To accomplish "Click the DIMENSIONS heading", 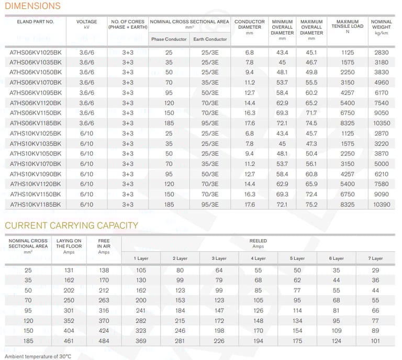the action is [x=32, y=6].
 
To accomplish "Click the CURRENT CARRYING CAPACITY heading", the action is [x=72, y=226].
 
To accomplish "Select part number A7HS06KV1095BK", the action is [x=36, y=93].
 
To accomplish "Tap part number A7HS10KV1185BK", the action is [x=36, y=205].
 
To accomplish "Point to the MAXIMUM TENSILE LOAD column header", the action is [x=348, y=26].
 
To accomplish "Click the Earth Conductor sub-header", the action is [x=210, y=39].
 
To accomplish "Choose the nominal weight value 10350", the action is [x=382, y=123].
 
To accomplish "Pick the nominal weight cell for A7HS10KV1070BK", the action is [x=382, y=164].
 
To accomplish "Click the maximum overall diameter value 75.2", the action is [x=311, y=205].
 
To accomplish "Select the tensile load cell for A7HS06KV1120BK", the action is [x=348, y=103].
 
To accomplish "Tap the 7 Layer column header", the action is [x=375, y=258].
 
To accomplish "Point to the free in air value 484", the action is [x=104, y=341].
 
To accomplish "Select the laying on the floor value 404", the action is [x=69, y=331].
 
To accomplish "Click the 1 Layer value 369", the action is [x=141, y=341].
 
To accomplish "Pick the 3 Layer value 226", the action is [x=219, y=341].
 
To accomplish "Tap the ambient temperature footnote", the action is [x=38, y=356].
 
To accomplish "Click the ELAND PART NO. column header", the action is [x=36, y=22].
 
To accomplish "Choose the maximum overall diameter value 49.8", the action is [x=311, y=72].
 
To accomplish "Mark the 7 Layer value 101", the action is [x=375, y=341].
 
